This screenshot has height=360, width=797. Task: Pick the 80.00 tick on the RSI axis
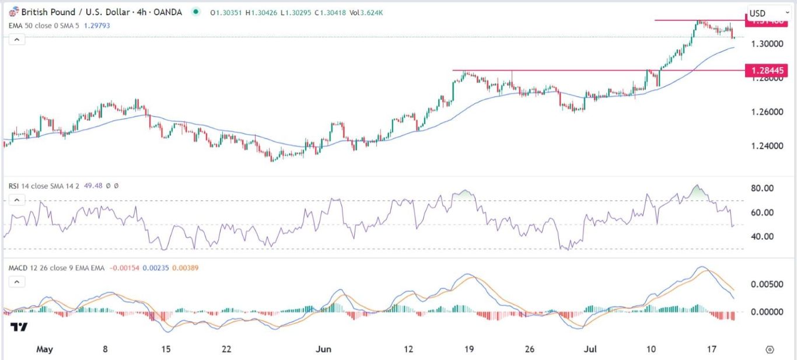point(762,188)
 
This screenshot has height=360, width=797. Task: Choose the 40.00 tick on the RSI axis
point(762,236)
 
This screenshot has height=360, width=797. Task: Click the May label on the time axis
point(44,349)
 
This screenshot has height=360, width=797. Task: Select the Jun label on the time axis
point(323,349)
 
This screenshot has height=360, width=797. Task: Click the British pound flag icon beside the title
point(13,12)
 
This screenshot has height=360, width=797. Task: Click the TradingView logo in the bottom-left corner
point(19,327)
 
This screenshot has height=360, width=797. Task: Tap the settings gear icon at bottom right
point(770,349)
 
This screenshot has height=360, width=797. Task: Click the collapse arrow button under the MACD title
point(16,282)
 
